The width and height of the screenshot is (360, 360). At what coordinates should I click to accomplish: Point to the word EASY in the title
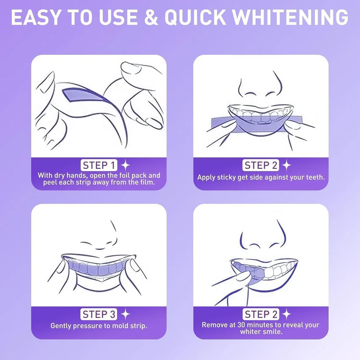pos(38,17)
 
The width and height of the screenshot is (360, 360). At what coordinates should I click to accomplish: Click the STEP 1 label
pos(99,165)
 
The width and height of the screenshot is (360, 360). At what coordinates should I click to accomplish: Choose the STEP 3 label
pos(99,314)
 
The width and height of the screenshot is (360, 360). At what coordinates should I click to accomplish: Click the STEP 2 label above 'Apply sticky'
pos(261,165)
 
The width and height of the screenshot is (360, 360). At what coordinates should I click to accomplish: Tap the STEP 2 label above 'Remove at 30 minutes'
pos(261,314)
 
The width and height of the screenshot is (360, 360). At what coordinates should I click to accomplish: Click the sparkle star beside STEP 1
pos(126,165)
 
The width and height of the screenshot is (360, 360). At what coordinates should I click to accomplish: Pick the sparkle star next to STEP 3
pos(126,314)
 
